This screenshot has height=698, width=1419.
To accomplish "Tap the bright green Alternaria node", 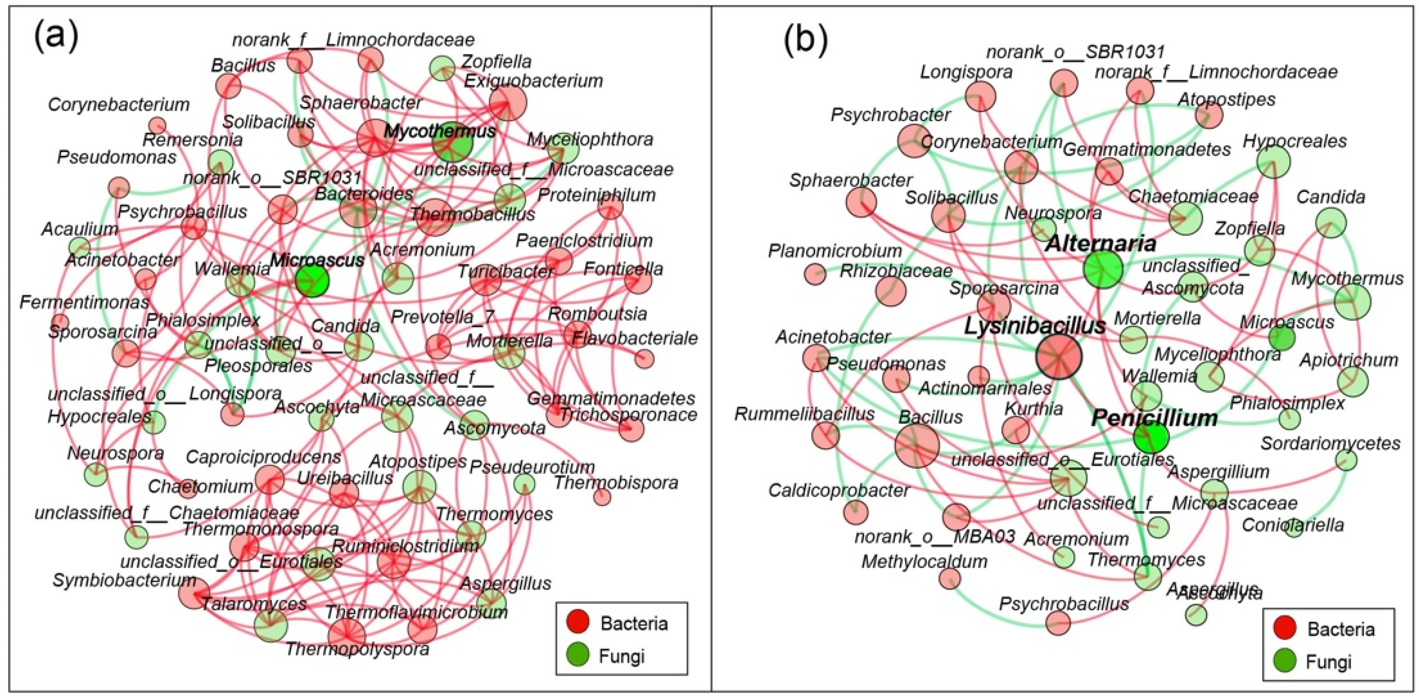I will pyautogui.click(x=1102, y=269).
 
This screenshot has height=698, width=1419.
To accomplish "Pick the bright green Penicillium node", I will pyautogui.click(x=1151, y=437).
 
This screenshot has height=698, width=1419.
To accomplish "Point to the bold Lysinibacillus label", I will pyautogui.click(x=1035, y=326).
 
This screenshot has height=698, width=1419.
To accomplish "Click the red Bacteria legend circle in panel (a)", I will pyautogui.click(x=578, y=622).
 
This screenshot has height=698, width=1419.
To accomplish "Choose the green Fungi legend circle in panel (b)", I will pyautogui.click(x=1285, y=660).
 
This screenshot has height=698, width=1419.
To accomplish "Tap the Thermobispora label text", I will pyautogui.click(x=616, y=483).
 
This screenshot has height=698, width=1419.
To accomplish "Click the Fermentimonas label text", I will pyautogui.click(x=84, y=302).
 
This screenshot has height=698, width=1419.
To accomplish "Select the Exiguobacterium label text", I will pyautogui.click(x=533, y=81).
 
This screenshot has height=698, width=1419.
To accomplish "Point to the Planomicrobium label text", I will pyautogui.click(x=835, y=251).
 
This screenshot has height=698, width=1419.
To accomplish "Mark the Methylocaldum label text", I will pyautogui.click(x=924, y=561).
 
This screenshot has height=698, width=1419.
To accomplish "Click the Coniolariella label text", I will pyautogui.click(x=1292, y=525).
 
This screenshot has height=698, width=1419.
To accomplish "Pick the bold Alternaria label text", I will pyautogui.click(x=1099, y=243).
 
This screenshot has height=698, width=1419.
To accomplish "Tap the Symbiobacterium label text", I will pyautogui.click(x=124, y=580).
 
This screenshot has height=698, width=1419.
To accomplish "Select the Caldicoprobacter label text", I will pyautogui.click(x=838, y=490).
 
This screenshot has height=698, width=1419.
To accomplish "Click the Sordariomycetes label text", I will pyautogui.click(x=1330, y=443).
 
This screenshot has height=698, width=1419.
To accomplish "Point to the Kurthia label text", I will pyautogui.click(x=1033, y=408).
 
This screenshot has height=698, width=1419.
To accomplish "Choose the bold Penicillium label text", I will pyautogui.click(x=1154, y=418).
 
